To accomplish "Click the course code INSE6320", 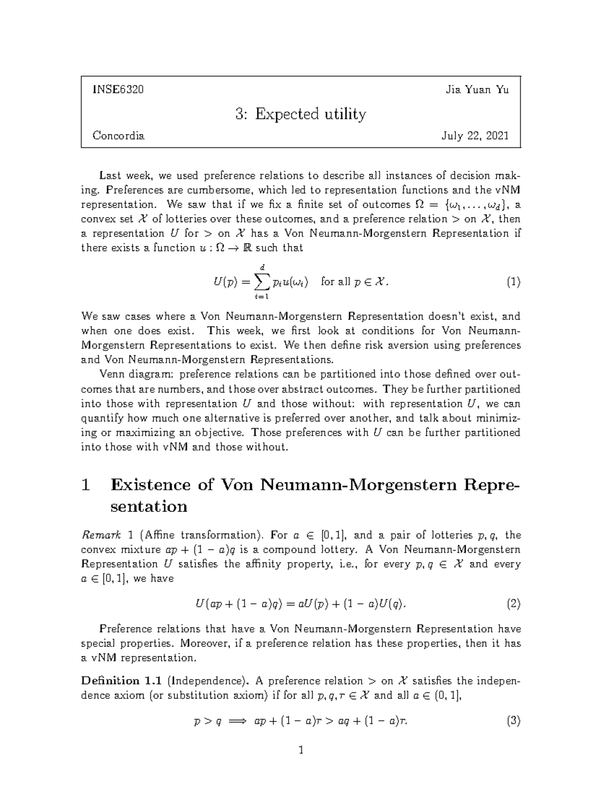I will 118,90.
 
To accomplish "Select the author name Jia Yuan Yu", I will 477,90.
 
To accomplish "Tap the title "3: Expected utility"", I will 301,114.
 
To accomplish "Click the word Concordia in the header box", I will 118,136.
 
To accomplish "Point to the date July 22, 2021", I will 475,136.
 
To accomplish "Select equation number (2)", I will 513,604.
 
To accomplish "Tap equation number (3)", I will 513,721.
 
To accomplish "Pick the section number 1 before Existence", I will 86,485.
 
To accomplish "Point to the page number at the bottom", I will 301,751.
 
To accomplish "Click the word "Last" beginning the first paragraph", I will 110,176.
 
